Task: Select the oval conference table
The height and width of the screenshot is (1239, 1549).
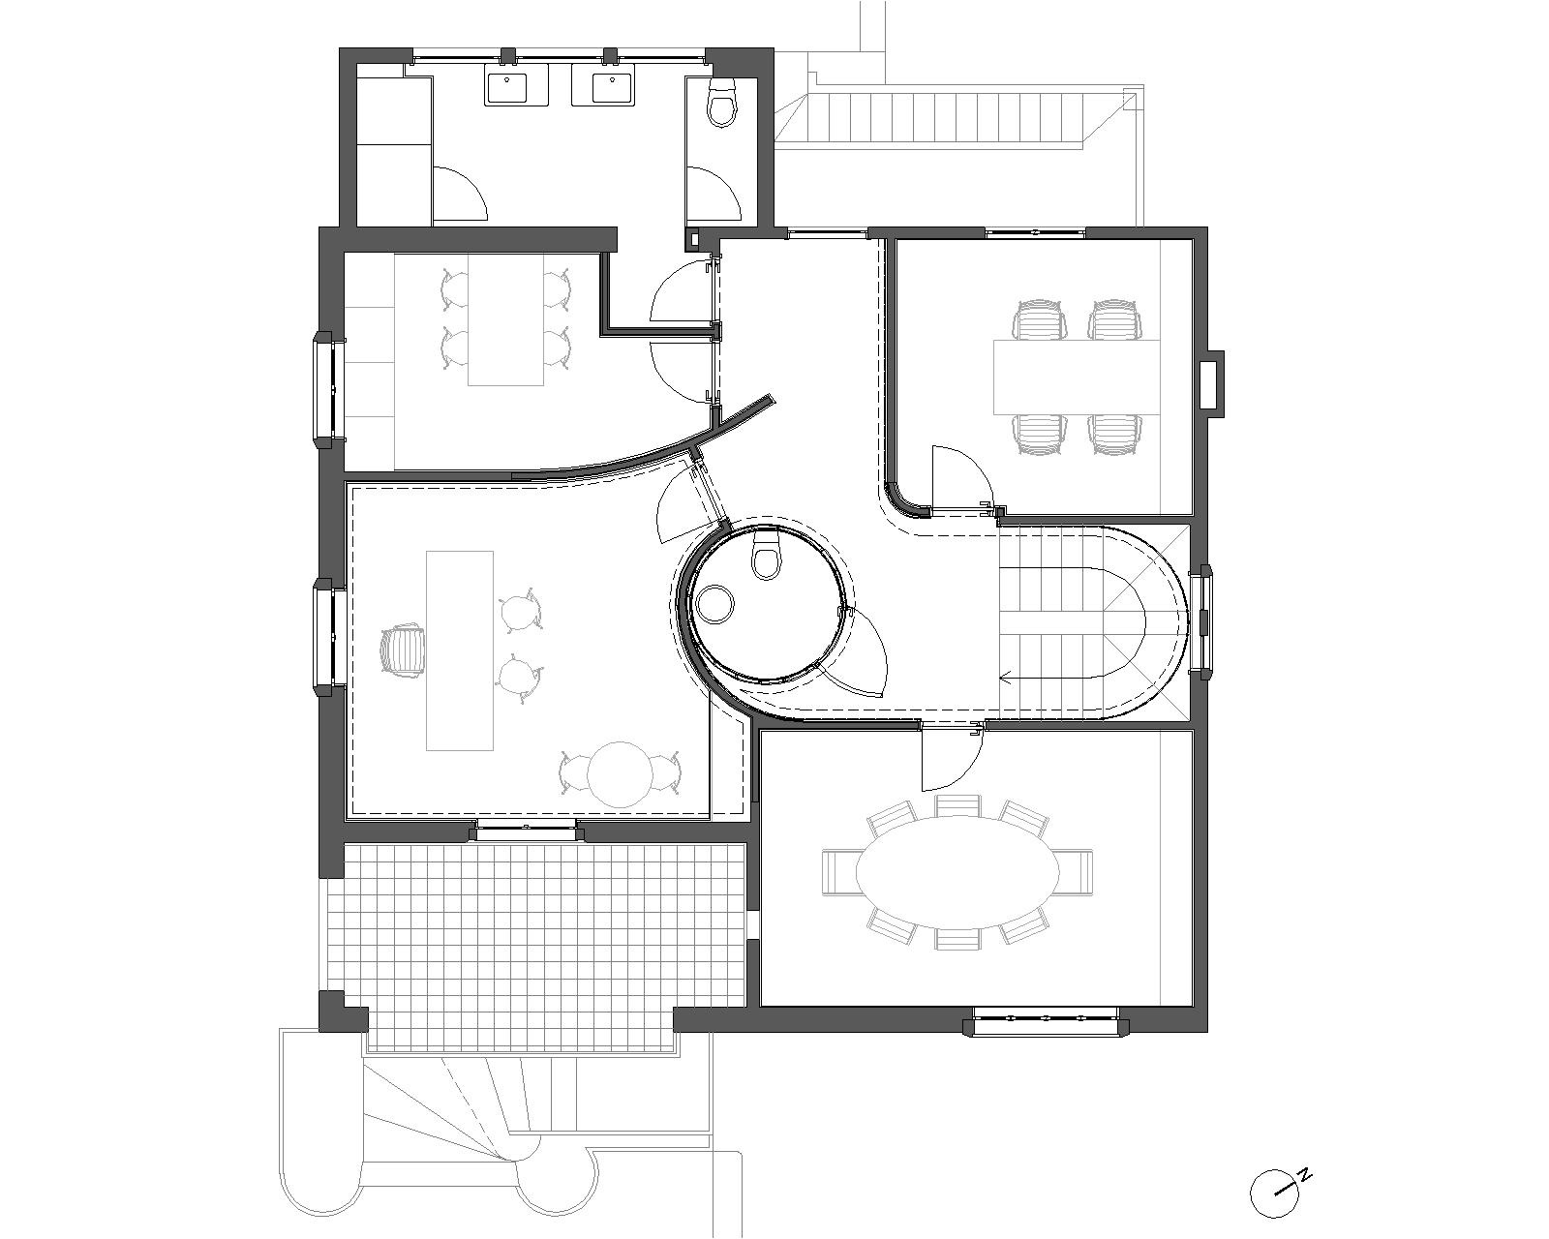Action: click(x=957, y=872)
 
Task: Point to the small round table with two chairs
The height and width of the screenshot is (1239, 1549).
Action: click(x=619, y=773)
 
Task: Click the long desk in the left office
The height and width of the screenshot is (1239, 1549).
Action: click(x=460, y=650)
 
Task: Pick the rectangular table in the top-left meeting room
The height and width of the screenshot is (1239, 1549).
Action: click(x=506, y=318)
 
